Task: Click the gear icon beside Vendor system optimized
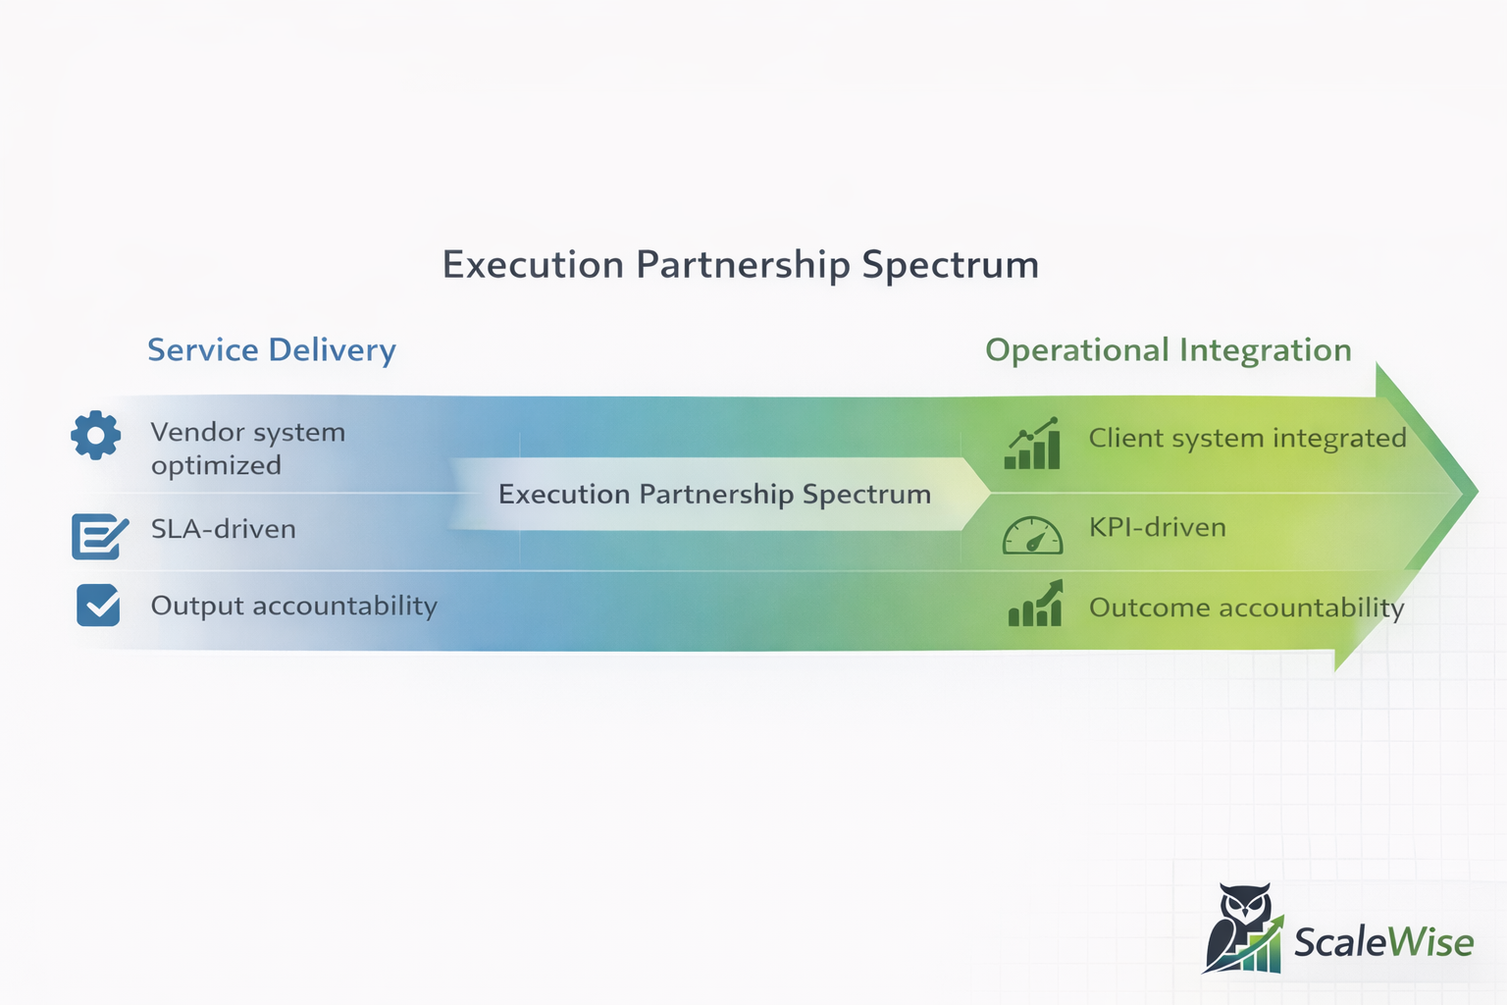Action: click(95, 436)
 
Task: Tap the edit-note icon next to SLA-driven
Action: click(99, 536)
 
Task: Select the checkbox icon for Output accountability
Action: click(98, 606)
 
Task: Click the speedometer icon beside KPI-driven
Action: click(1032, 535)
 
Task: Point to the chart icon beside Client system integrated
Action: click(1032, 445)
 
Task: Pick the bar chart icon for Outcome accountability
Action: click(1035, 604)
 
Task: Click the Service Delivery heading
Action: click(272, 350)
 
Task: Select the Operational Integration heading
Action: click(1168, 350)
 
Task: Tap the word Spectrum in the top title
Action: click(950, 265)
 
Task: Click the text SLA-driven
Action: click(223, 529)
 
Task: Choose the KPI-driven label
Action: click(1157, 528)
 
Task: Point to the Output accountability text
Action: click(293, 606)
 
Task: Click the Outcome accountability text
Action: click(1246, 608)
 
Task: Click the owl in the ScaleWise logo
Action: click(1238, 923)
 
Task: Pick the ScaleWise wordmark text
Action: click(1383, 942)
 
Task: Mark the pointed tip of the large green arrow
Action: click(1475, 491)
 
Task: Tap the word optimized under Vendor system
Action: click(216, 465)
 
